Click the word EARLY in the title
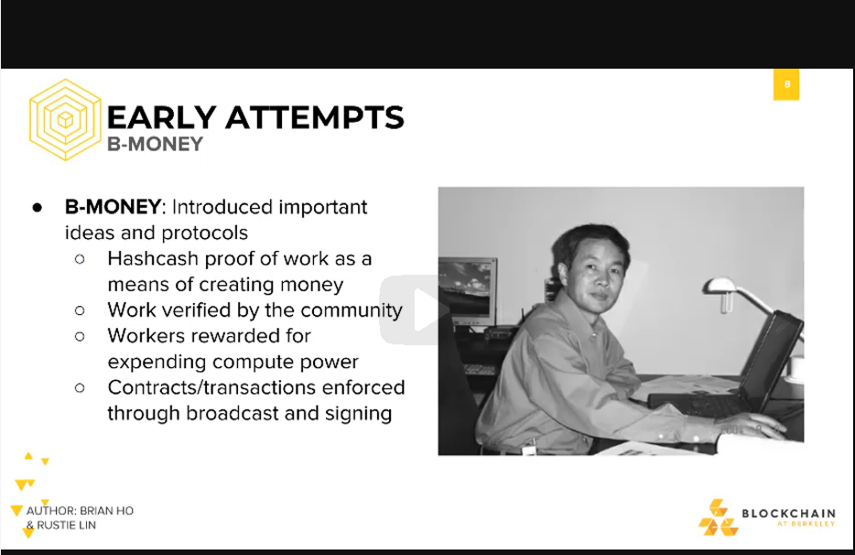point(161,117)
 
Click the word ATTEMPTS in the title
point(315,117)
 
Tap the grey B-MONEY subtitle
point(156,144)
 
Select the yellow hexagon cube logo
point(65,120)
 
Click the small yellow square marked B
point(786,84)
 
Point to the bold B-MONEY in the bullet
point(113,207)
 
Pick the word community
point(352,310)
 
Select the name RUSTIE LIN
point(67,525)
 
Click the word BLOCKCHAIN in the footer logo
point(788,514)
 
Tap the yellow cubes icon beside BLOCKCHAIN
point(718,517)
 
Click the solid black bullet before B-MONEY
point(38,207)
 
